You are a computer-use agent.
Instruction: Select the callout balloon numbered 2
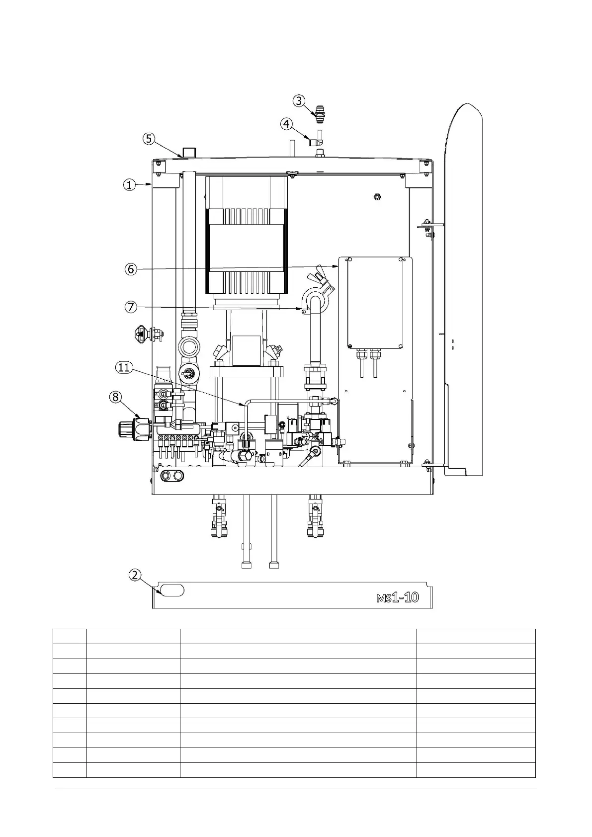point(135,575)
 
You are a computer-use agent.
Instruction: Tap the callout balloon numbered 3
point(298,101)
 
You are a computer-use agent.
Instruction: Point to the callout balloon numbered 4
point(286,123)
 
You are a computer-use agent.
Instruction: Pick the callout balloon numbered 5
point(149,139)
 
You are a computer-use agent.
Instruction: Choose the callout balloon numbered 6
point(130,269)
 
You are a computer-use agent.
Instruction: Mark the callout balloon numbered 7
point(130,307)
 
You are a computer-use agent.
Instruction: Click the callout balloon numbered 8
point(115,397)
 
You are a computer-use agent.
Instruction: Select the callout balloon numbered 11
point(124,367)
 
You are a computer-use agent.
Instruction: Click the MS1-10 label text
point(398,597)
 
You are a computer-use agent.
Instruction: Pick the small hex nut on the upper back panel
point(376,196)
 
